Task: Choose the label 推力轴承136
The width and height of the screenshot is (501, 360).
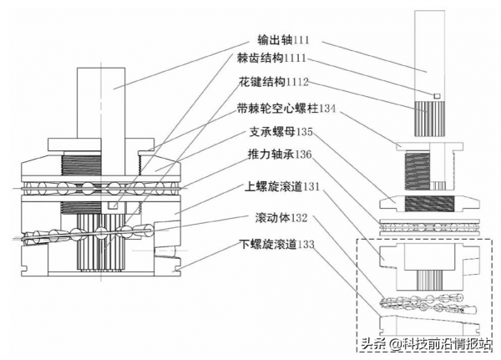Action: (281, 155)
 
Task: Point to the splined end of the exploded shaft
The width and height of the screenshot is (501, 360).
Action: (428, 117)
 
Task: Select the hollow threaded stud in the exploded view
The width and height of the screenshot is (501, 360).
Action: (428, 167)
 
